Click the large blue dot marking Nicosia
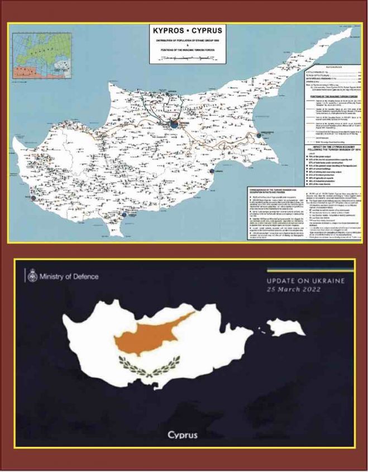click(x=174, y=124)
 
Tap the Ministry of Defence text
click(x=69, y=276)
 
